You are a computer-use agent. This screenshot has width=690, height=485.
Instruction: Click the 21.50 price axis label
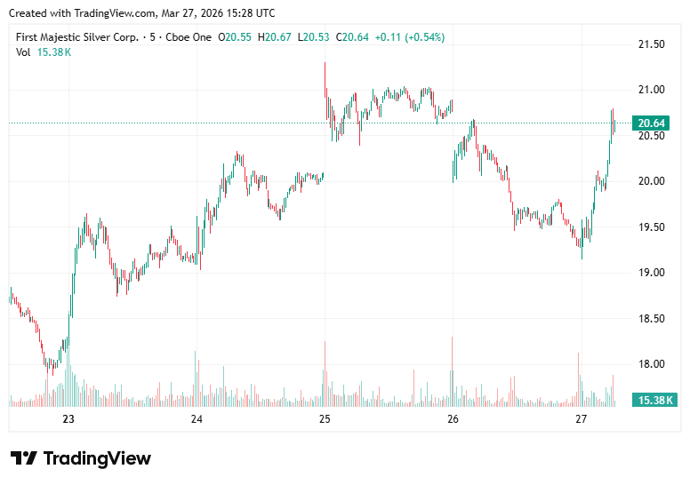tap(652, 44)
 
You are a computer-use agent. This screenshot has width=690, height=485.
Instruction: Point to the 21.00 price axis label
tap(652, 90)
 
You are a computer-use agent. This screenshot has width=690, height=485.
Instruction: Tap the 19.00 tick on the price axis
tap(652, 273)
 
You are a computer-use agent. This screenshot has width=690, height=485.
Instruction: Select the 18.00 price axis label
tap(652, 364)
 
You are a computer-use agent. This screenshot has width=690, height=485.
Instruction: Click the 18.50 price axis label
tap(652, 318)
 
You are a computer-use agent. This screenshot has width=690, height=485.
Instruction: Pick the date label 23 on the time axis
tap(68, 419)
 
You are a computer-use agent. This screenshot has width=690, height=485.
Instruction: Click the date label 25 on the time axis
tap(325, 419)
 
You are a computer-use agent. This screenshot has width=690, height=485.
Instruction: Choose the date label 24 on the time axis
tap(197, 419)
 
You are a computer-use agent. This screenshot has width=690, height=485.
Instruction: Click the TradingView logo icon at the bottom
tap(24, 458)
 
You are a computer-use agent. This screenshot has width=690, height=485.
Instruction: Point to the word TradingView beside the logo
tap(97, 458)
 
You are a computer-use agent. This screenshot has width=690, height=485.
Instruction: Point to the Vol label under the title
tap(23, 52)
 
